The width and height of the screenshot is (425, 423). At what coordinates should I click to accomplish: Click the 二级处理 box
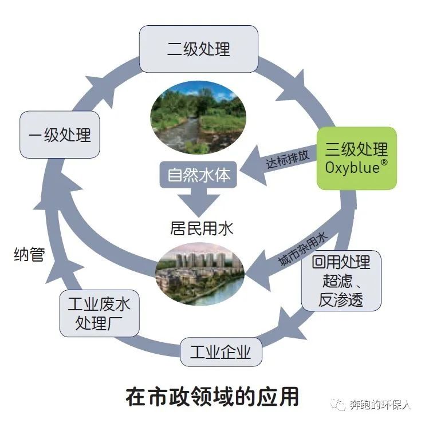click(198, 49)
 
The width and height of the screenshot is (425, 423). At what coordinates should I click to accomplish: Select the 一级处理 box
click(60, 135)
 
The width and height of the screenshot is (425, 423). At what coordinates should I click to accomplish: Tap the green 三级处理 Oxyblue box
click(356, 158)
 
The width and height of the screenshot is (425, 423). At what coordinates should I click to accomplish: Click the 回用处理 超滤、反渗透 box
click(341, 280)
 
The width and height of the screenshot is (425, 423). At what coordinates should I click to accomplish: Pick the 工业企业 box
click(221, 351)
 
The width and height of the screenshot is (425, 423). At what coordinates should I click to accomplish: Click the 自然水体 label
click(199, 175)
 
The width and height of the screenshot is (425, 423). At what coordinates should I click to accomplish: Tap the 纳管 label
click(29, 255)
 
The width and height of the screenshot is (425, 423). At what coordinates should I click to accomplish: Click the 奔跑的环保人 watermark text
click(381, 405)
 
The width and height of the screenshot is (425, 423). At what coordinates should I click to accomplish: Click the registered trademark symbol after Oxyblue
click(383, 163)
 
